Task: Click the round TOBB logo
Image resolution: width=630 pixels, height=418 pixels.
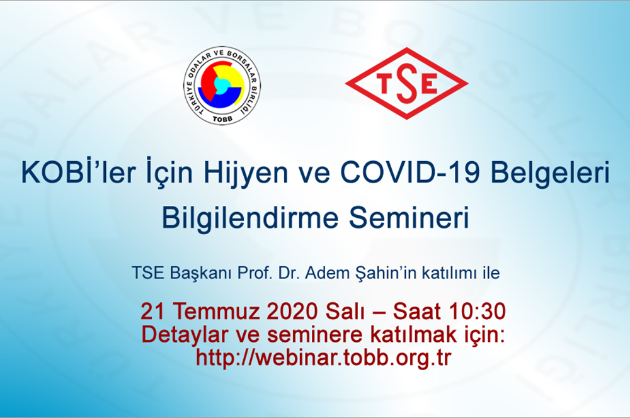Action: pyautogui.click(x=222, y=85)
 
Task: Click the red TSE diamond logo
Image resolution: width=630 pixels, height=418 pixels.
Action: pyautogui.click(x=406, y=84)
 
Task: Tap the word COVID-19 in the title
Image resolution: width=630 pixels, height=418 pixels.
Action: pyautogui.click(x=410, y=172)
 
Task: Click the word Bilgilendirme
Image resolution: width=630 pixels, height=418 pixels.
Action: pyautogui.click(x=250, y=218)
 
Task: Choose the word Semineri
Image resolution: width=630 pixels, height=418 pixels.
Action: pyautogui.click(x=409, y=218)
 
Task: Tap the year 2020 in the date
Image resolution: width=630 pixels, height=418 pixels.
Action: pyautogui.click(x=292, y=311)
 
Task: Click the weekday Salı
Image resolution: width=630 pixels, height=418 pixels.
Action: pyautogui.click(x=345, y=311)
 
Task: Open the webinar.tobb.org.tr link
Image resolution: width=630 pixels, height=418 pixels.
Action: pyautogui.click(x=323, y=358)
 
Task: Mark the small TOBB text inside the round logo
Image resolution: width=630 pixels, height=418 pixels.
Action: pyautogui.click(x=222, y=119)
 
